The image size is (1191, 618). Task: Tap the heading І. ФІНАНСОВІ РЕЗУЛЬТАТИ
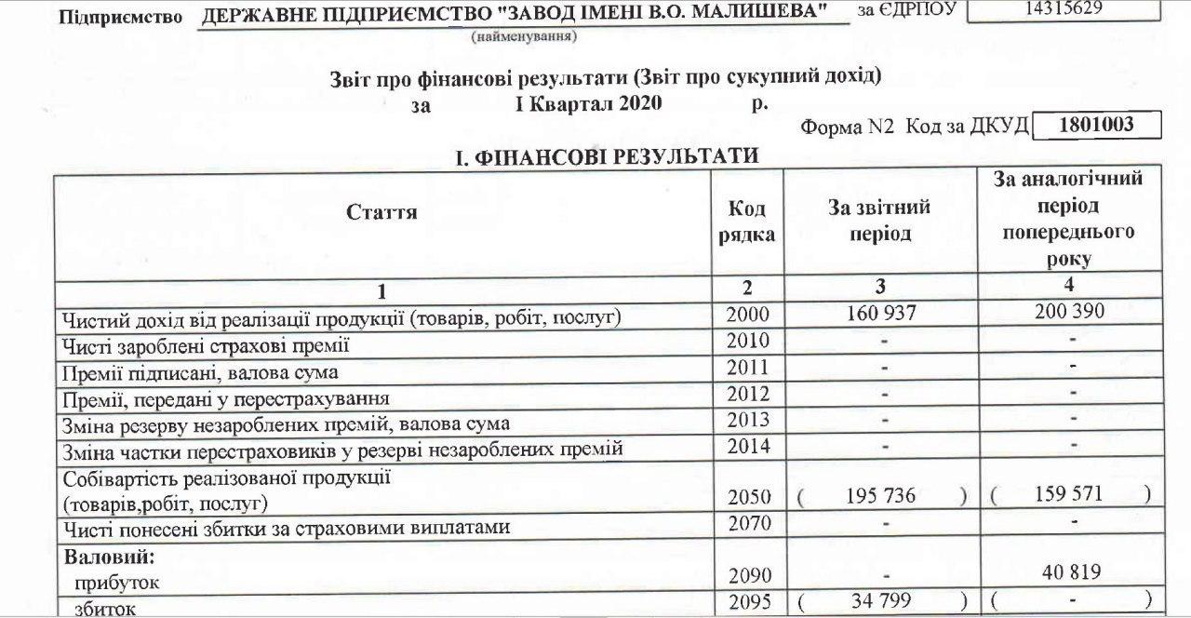pos(607,158)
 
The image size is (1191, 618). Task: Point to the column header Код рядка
pos(746,222)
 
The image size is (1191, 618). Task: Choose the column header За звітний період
pos(879,222)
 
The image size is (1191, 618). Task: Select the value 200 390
pos(1069,312)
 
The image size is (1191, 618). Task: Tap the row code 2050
pos(747,498)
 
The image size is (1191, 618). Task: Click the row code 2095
pos(748,602)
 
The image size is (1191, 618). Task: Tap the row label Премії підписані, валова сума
pos(200,373)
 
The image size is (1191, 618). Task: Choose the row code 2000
pos(747,316)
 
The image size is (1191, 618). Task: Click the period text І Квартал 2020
pos(588,103)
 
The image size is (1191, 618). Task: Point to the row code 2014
pos(747,447)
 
